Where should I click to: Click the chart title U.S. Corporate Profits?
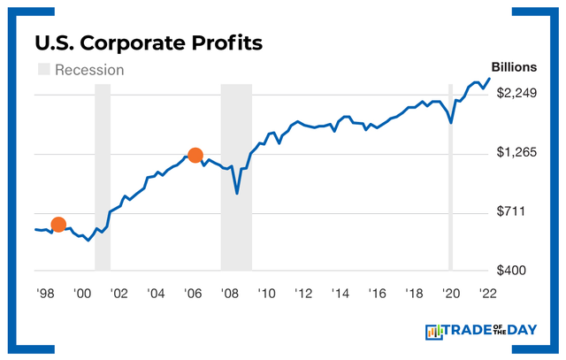(x=148, y=42)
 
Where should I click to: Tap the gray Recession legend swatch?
(x=42, y=69)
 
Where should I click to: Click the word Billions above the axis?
(x=514, y=67)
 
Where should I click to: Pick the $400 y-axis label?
(x=514, y=271)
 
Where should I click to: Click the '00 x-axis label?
(x=81, y=294)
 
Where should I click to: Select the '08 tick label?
(x=229, y=294)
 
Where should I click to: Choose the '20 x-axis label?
(x=450, y=294)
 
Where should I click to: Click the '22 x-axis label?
(x=486, y=294)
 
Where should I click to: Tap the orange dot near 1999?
(x=58, y=225)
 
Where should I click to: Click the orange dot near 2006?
(x=195, y=156)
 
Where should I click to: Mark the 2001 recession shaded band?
(x=103, y=177)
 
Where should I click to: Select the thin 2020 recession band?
(x=450, y=177)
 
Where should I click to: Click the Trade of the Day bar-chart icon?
(x=433, y=332)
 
